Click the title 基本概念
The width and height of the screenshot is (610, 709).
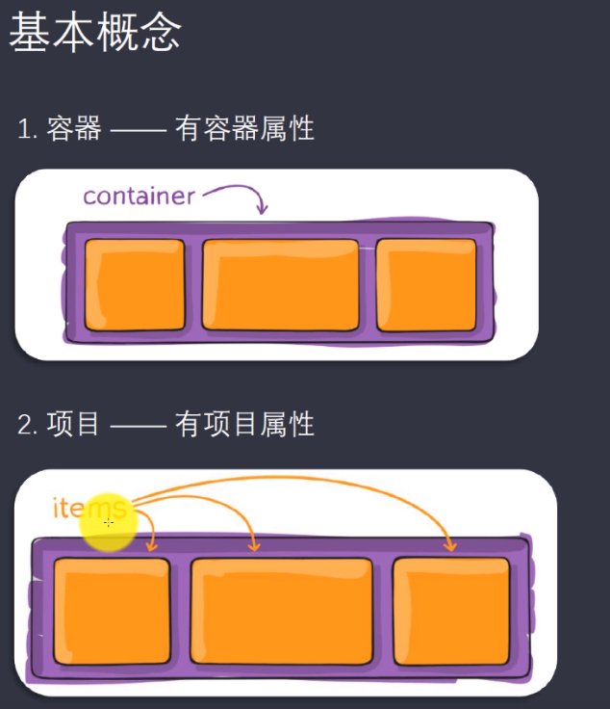coord(94,35)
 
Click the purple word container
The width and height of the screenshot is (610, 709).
coord(139,197)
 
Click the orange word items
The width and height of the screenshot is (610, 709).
coord(89,508)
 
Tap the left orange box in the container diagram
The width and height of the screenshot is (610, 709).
coord(135,284)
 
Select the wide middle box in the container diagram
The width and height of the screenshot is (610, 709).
coord(280,284)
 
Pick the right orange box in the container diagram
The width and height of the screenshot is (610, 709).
coord(425,284)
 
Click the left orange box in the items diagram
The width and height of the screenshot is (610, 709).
coord(112,611)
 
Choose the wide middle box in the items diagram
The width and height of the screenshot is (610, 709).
coord(282,611)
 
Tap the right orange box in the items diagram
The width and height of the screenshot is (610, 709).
coord(451,611)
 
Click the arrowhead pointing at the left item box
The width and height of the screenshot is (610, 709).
coord(151,546)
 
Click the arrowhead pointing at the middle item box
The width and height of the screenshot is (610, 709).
coord(254,546)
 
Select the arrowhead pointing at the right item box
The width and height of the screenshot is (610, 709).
coord(450,546)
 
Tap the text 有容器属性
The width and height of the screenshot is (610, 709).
coord(244,128)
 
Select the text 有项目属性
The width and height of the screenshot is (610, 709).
coord(244,424)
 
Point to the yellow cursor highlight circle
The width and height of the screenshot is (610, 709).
coord(109,522)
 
